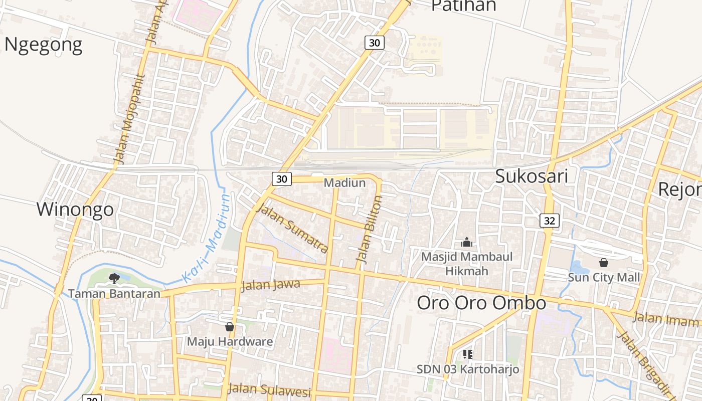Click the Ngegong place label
point(43,45)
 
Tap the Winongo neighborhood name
point(75,210)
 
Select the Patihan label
point(463,6)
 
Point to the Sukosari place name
point(532,176)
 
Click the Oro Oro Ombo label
point(481,303)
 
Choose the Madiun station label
point(344,182)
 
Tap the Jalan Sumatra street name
point(292,229)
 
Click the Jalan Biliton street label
point(369,229)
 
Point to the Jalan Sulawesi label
point(270,389)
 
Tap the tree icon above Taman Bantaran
point(114,278)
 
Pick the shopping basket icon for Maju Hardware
point(230,327)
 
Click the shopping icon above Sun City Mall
point(604,262)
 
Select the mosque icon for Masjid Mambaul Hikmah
point(467,243)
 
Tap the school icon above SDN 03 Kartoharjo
point(468,355)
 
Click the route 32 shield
point(550,221)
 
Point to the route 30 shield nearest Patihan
point(375,43)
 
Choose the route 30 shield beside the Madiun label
point(282,178)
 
